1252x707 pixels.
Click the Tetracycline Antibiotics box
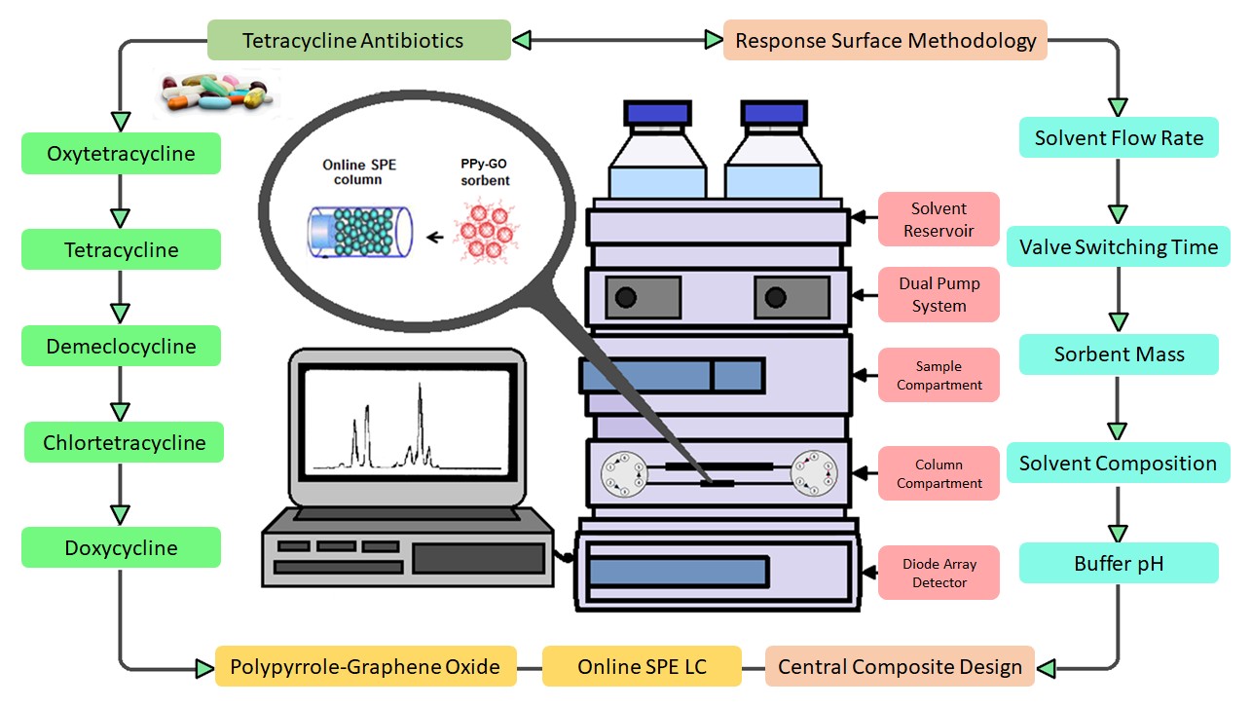click(x=358, y=41)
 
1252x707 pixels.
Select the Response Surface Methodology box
click(x=885, y=41)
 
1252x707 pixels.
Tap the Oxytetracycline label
click(x=121, y=154)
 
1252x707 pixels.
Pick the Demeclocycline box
click(x=121, y=347)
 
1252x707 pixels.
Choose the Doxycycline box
click(x=121, y=547)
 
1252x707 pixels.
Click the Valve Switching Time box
click(x=1119, y=247)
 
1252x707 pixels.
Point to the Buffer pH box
click(x=1119, y=563)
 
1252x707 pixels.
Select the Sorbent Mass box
click(x=1119, y=354)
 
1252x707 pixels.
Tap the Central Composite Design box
click(x=900, y=667)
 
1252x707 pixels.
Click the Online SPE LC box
click(x=642, y=667)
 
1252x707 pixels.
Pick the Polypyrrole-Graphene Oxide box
click(x=364, y=667)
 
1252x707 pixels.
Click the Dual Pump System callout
click(x=939, y=294)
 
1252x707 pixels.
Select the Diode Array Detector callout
click(x=939, y=573)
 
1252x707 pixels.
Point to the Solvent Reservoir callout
click(x=939, y=219)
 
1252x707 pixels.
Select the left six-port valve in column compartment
click(x=624, y=469)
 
